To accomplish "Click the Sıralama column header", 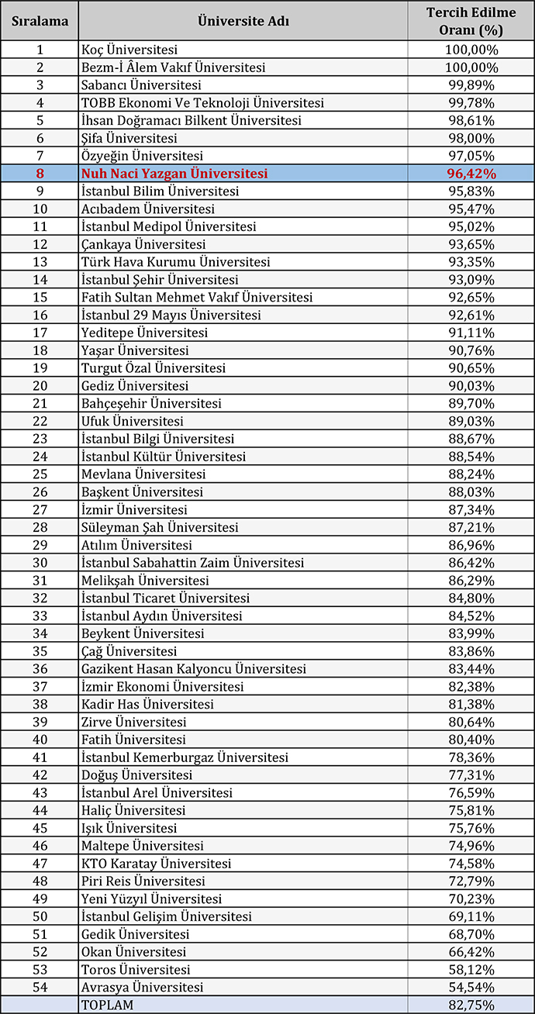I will pyautogui.click(x=40, y=22).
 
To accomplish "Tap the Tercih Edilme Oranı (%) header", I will pyautogui.click(x=471, y=22).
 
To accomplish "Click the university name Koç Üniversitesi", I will pyautogui.click(x=129, y=50).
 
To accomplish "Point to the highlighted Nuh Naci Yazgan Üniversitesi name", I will pyautogui.click(x=174, y=174).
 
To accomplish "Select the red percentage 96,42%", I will pyautogui.click(x=471, y=174).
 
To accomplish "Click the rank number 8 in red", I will pyautogui.click(x=40, y=174).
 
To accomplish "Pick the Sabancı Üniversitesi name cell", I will pyautogui.click(x=141, y=85).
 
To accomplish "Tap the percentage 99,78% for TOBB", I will pyautogui.click(x=471, y=103).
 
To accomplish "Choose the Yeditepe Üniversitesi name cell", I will pyautogui.click(x=144, y=333).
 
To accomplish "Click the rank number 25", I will pyautogui.click(x=40, y=474).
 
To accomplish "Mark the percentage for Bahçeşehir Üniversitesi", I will pyautogui.click(x=471, y=403).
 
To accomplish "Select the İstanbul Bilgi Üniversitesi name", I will pyautogui.click(x=157, y=439).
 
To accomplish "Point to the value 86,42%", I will pyautogui.click(x=471, y=562).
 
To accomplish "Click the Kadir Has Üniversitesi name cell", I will pyautogui.click(x=147, y=704).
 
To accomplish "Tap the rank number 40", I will pyautogui.click(x=40, y=740).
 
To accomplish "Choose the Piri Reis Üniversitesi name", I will pyautogui.click(x=143, y=881).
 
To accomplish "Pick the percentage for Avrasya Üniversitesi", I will pyautogui.click(x=471, y=987).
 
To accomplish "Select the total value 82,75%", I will pyautogui.click(x=471, y=1005).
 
